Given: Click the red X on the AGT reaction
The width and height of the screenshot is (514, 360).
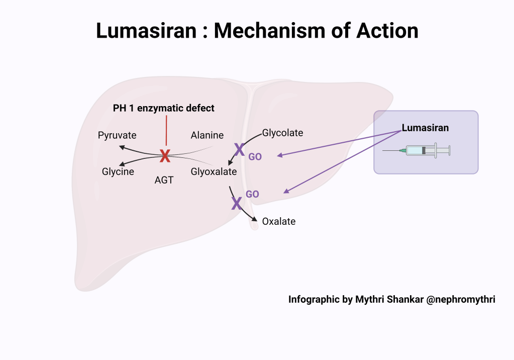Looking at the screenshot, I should [x=165, y=156].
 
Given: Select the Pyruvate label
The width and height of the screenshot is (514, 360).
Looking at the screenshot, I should [x=117, y=135].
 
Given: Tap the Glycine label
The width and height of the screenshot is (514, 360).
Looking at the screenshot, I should [x=118, y=171].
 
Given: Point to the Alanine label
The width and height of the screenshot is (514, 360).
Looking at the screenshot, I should [x=207, y=135].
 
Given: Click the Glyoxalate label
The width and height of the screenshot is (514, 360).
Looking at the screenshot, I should [x=214, y=171].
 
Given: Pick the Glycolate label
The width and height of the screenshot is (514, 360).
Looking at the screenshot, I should [x=282, y=133].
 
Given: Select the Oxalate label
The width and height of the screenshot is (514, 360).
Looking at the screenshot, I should [x=279, y=221].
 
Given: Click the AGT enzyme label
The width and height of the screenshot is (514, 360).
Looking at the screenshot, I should [x=164, y=180].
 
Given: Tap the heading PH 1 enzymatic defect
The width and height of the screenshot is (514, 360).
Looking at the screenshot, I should [x=164, y=108].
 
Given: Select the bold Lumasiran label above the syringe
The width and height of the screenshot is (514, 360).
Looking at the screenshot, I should [x=425, y=128].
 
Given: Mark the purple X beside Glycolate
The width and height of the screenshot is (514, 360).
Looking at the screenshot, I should [x=240, y=149].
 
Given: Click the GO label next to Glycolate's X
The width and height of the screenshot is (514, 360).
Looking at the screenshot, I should [x=255, y=157].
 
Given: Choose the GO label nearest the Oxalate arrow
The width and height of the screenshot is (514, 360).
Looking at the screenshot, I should [x=252, y=194].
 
